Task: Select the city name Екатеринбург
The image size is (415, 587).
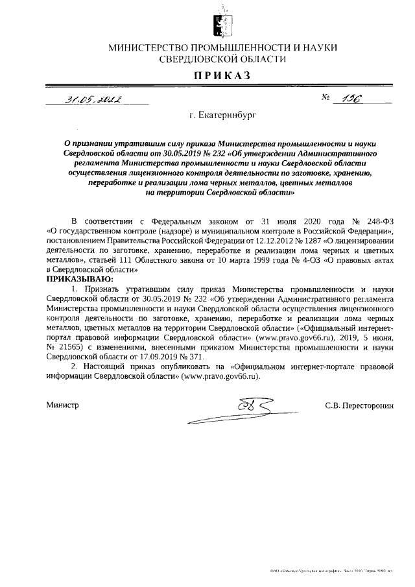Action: (222, 115)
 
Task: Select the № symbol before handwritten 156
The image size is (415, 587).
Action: (326, 99)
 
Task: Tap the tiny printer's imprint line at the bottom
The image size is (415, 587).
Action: (331, 571)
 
